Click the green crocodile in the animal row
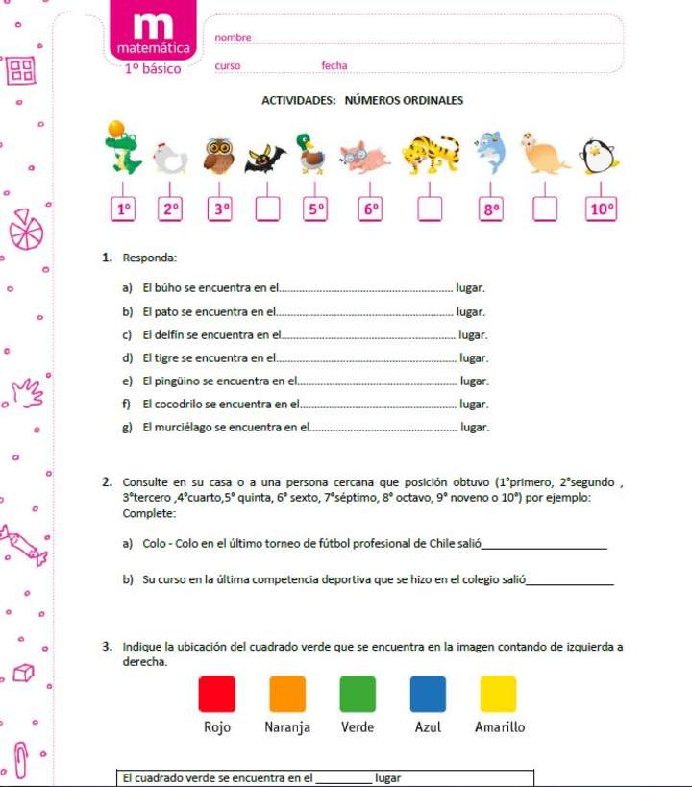pyautogui.click(x=122, y=150)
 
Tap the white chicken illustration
pyautogui.click(x=170, y=157)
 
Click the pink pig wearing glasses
pyautogui.click(x=365, y=157)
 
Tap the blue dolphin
pyautogui.click(x=491, y=151)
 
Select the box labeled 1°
pyautogui.click(x=123, y=209)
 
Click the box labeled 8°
pyautogui.click(x=491, y=209)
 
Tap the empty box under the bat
pyautogui.click(x=267, y=209)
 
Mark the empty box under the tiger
pyautogui.click(x=430, y=209)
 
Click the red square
pyautogui.click(x=216, y=694)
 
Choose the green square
pyautogui.click(x=358, y=694)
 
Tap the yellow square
pyautogui.click(x=498, y=694)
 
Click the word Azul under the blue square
pyautogui.click(x=428, y=727)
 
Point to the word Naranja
pyautogui.click(x=287, y=727)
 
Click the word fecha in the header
pyautogui.click(x=334, y=66)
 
